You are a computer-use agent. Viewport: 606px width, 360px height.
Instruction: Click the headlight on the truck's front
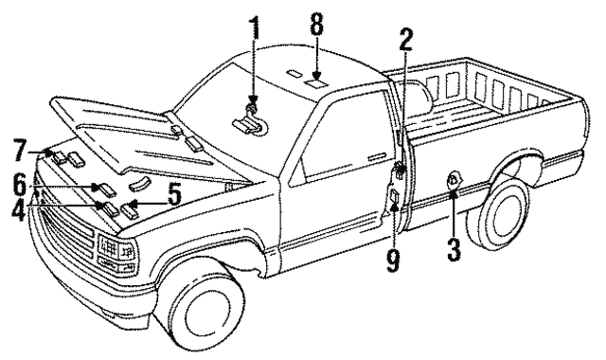(x=111, y=251)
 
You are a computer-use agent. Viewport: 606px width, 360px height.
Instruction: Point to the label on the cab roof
(x=316, y=82)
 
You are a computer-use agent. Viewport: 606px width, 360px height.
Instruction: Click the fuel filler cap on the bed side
(x=454, y=181)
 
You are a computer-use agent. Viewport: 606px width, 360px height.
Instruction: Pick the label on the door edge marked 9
(x=392, y=198)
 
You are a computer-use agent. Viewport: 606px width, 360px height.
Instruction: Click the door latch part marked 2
(x=401, y=171)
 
